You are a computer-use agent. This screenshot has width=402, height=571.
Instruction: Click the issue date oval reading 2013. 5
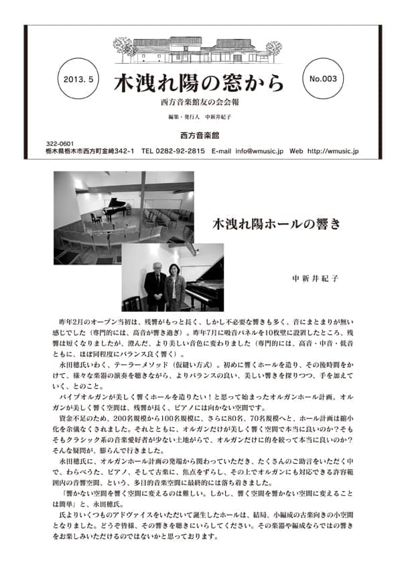pyautogui.click(x=81, y=78)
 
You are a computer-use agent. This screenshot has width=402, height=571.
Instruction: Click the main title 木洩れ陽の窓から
pyautogui.click(x=199, y=82)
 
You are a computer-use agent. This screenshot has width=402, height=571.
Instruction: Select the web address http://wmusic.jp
pyautogui.click(x=333, y=151)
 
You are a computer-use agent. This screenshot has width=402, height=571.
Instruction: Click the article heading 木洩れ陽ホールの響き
pyautogui.click(x=275, y=224)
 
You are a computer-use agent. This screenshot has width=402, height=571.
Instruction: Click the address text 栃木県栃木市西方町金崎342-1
pyautogui.click(x=90, y=151)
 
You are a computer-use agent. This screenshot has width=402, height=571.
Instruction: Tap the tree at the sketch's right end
pyautogui.click(x=273, y=48)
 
